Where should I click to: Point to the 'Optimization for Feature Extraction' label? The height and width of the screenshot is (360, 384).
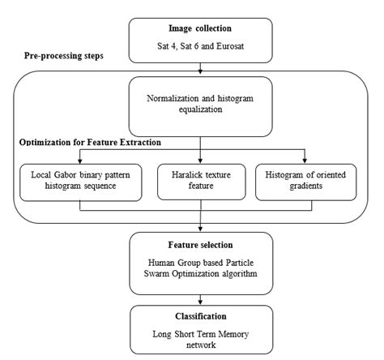coord(88,143)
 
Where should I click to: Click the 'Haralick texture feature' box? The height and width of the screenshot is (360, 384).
coord(199,182)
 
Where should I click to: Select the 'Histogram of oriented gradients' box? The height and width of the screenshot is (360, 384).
coord(305,182)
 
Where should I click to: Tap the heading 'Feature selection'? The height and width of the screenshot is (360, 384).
coord(199,244)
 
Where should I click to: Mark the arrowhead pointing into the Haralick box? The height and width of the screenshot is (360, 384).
coord(199,161)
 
